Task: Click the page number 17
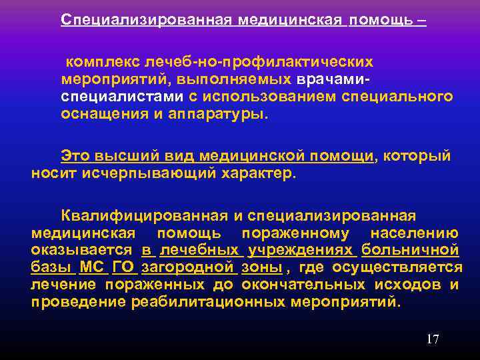[433, 339]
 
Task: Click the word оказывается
[81, 250]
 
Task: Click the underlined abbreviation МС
[91, 267]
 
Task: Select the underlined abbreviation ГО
[123, 267]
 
